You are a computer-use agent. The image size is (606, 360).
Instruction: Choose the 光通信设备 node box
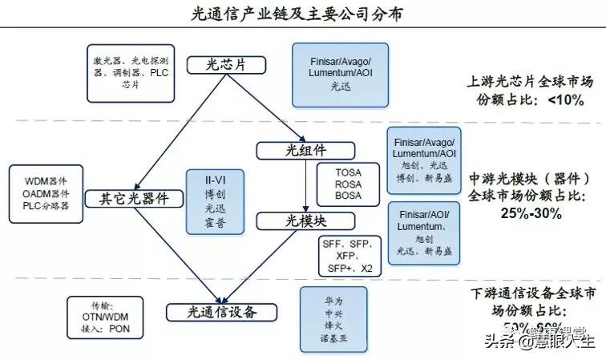coord(221,312)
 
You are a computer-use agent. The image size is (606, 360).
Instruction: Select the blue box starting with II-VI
coord(209,201)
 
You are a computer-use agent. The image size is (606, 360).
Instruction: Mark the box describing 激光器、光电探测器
coord(131,73)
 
